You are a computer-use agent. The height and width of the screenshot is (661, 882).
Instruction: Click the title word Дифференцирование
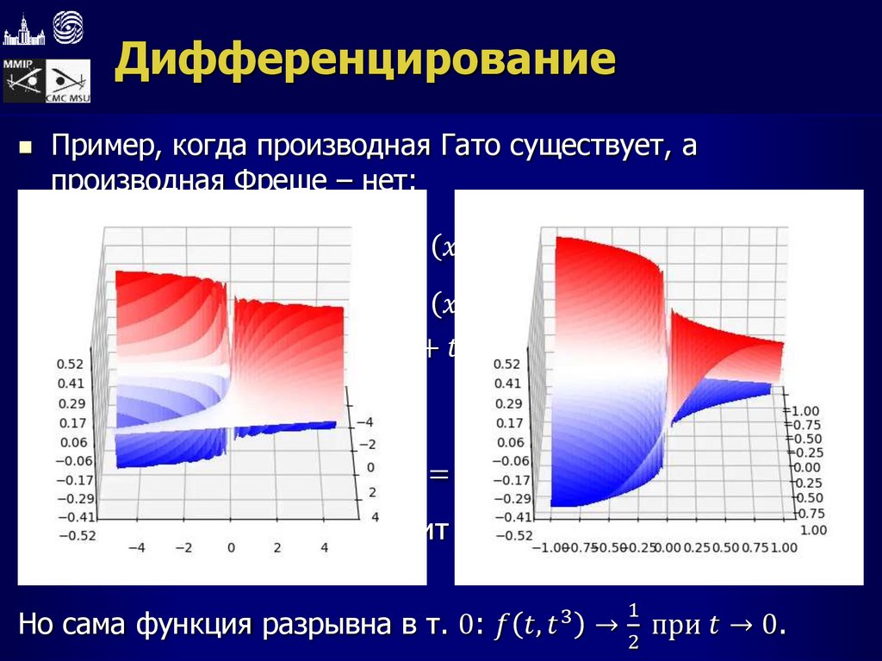click(x=366, y=61)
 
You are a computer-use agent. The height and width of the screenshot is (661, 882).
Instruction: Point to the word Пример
click(x=102, y=147)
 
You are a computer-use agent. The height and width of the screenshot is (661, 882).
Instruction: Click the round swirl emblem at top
click(x=67, y=28)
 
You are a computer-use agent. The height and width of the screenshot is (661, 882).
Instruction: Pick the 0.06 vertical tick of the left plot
click(x=72, y=441)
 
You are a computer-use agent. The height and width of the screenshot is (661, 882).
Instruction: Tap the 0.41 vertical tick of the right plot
click(x=508, y=384)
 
